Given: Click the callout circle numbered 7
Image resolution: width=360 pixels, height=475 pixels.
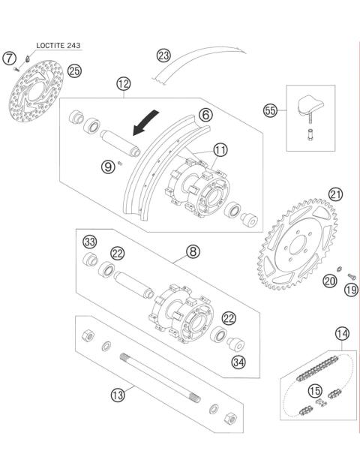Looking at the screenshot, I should coord(9,58).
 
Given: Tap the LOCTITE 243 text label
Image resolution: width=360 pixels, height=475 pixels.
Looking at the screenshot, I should coord(58,45).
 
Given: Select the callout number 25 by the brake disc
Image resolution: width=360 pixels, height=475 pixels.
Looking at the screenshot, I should coord(73,71).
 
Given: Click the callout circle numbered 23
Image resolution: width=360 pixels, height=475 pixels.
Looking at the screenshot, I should coord(163,55).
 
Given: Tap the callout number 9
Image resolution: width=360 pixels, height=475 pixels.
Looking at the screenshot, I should coord(109,166).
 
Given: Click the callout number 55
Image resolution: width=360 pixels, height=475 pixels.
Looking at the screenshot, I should coord(271,111).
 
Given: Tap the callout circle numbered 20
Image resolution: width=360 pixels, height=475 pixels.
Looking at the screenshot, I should coord(329,281).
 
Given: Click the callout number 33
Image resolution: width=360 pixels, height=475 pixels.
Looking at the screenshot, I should coord(90,242).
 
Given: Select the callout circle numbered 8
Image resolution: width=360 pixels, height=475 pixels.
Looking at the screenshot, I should coord(193,251).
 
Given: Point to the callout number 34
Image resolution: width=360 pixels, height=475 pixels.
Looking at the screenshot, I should coord(239,364).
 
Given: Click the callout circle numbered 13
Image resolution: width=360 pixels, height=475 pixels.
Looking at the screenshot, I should coord(117,393).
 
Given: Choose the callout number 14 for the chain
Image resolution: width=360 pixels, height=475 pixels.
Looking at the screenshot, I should coord(342,333).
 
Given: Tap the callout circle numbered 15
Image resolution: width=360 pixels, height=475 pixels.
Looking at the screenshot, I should coord(315,390).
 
